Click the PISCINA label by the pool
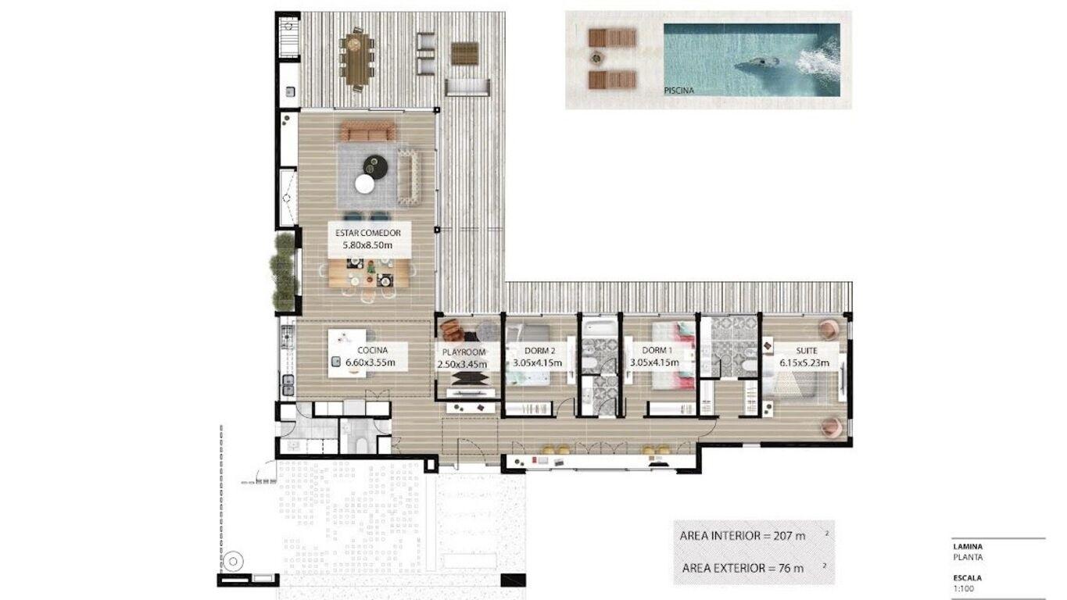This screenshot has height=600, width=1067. [x=679, y=90]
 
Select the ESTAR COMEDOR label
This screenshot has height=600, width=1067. [x=368, y=233]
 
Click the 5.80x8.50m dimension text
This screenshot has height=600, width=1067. [x=367, y=246]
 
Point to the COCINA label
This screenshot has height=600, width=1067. [x=373, y=350]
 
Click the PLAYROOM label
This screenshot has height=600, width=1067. [x=464, y=352]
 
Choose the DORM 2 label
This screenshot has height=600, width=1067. [x=539, y=351]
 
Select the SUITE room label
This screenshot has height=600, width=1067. [x=807, y=351]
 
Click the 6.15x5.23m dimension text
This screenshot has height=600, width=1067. [x=804, y=362]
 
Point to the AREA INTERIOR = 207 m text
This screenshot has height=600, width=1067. [x=743, y=536]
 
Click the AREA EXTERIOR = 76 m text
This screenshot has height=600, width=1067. [x=743, y=568]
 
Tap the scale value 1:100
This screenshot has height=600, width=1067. [x=963, y=588]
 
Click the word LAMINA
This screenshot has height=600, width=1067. [x=968, y=547]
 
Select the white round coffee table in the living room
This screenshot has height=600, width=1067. [x=365, y=184]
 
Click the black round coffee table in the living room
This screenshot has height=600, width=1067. [x=376, y=166]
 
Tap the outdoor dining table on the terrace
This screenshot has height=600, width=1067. [x=356, y=59]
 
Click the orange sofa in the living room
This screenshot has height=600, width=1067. [x=368, y=131]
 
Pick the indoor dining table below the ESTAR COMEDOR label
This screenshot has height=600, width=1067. [x=369, y=273]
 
